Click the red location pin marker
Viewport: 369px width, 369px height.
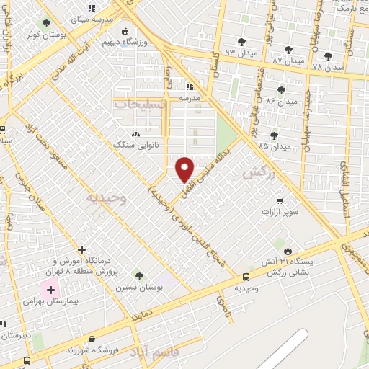[185, 169]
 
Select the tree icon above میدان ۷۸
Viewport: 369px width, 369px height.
[328, 55]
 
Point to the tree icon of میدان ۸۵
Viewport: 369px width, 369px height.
[274, 135]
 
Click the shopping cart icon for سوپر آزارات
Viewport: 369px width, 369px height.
[279, 202]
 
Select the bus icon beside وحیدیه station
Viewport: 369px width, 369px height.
[246, 276]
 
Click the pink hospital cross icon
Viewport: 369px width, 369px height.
[50, 290]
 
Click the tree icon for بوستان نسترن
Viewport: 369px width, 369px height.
[138, 276]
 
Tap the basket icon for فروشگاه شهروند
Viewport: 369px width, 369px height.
[91, 339]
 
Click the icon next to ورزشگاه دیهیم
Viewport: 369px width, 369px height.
[125, 32]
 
